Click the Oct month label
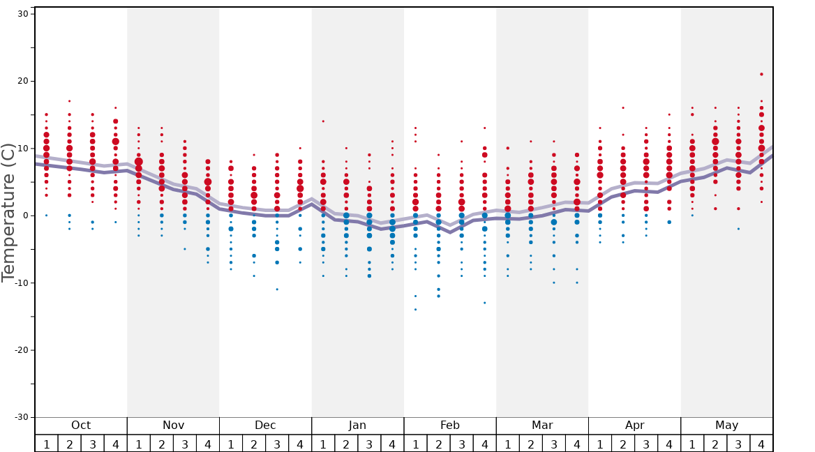tap(81, 425)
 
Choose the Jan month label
tap(357, 425)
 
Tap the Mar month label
tap(542, 425)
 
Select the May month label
tap(726, 425)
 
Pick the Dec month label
tap(265, 425)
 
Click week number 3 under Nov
tap(185, 444)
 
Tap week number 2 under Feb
tap(438, 444)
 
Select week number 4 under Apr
tap(669, 444)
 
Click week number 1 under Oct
tap(47, 444)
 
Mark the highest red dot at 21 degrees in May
tap(761, 74)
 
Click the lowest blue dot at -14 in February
tap(415, 310)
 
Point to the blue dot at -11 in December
tap(277, 289)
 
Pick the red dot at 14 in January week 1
tap(323, 121)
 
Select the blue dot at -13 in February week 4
tap(484, 303)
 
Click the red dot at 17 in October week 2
tap(70, 101)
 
